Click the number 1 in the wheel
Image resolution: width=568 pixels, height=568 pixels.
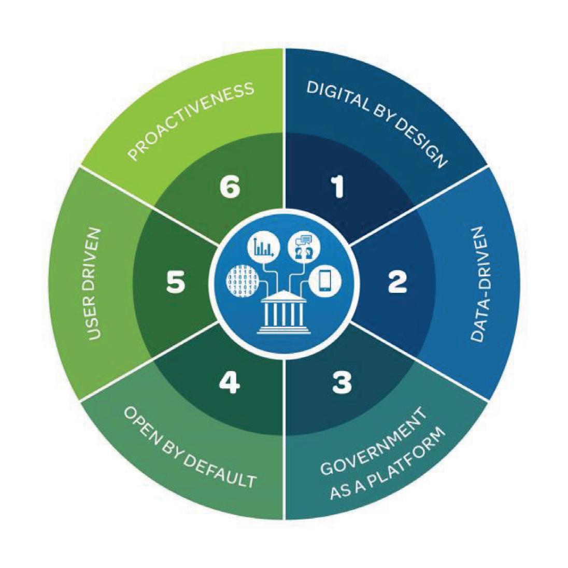338,187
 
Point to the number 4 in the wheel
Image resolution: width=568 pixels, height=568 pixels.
229,383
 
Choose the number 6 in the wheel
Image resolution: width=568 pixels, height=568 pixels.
230,188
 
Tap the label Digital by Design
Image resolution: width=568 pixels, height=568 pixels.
377,123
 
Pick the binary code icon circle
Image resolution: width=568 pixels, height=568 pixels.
240,281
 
